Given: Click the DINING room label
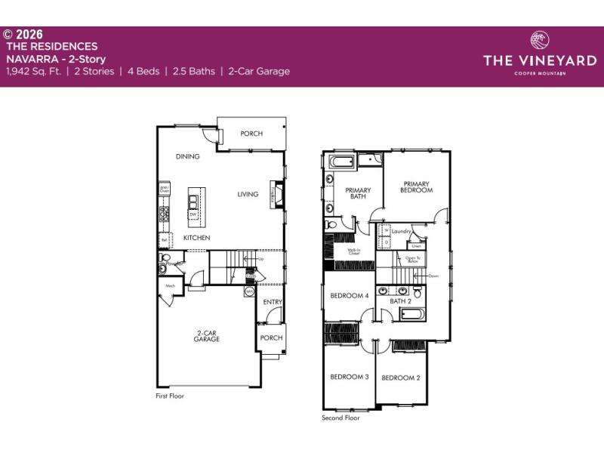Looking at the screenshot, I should pyautogui.click(x=187, y=157).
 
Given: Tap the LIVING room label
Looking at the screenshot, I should pyautogui.click(x=248, y=194).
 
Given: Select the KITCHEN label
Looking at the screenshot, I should pyautogui.click(x=196, y=238).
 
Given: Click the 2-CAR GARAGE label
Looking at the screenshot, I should pyautogui.click(x=206, y=337).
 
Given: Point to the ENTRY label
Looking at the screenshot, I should pyautogui.click(x=272, y=302).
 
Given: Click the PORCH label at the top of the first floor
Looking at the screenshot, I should pyautogui.click(x=251, y=134).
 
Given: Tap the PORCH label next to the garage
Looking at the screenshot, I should pyautogui.click(x=271, y=337).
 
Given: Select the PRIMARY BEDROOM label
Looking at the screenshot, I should pyautogui.click(x=416, y=187).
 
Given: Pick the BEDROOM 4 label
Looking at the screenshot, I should pyautogui.click(x=349, y=295).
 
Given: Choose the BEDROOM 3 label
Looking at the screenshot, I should pyautogui.click(x=349, y=377).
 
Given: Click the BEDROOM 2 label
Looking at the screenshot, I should pyautogui.click(x=400, y=377).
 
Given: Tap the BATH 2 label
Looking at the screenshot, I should pyautogui.click(x=400, y=302).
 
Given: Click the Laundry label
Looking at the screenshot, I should pyautogui.click(x=400, y=232).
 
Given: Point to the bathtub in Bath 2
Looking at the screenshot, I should pyautogui.click(x=412, y=314).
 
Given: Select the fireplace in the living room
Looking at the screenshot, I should pyautogui.click(x=280, y=194).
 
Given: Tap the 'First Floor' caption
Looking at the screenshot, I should pyautogui.click(x=170, y=396).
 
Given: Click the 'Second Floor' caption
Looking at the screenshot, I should pyautogui.click(x=341, y=417).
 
